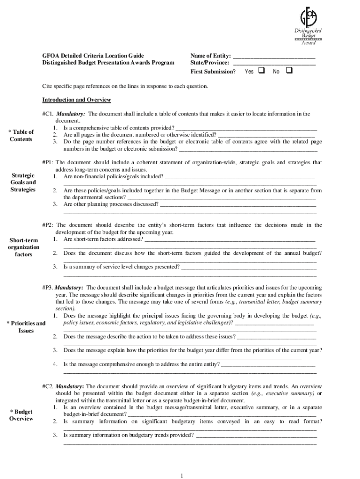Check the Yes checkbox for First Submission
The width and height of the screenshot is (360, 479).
click(262, 71)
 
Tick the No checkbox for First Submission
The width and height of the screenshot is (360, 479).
click(288, 71)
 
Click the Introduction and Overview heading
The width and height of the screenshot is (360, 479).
click(76, 100)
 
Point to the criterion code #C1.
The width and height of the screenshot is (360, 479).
click(48, 114)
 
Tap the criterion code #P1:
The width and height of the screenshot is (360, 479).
click(48, 162)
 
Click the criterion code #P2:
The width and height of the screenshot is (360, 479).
click(48, 225)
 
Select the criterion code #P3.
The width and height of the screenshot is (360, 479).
click(48, 287)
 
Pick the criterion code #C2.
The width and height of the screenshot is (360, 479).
click(48, 386)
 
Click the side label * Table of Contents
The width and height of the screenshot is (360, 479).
click(21, 136)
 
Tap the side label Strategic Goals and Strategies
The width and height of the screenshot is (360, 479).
click(23, 182)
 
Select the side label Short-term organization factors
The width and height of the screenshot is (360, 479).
click(23, 247)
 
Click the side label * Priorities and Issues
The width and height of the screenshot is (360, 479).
click(25, 327)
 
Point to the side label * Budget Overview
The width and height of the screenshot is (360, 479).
click(21, 415)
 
